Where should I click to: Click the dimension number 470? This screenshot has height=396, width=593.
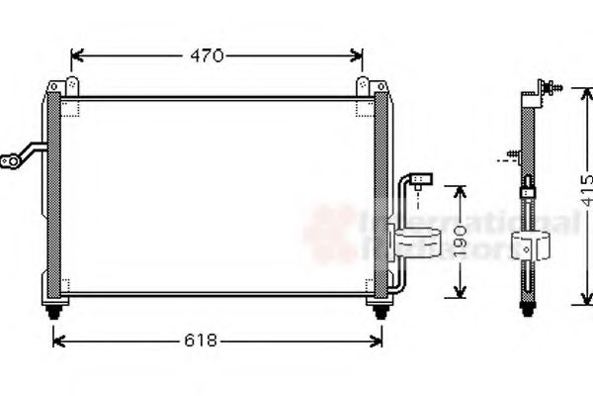point(207,56)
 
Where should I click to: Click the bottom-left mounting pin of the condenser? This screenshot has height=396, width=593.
point(53,312)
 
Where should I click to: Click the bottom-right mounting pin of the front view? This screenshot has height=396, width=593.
point(380,312)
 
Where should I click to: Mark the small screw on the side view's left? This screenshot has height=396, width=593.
point(510,154)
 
